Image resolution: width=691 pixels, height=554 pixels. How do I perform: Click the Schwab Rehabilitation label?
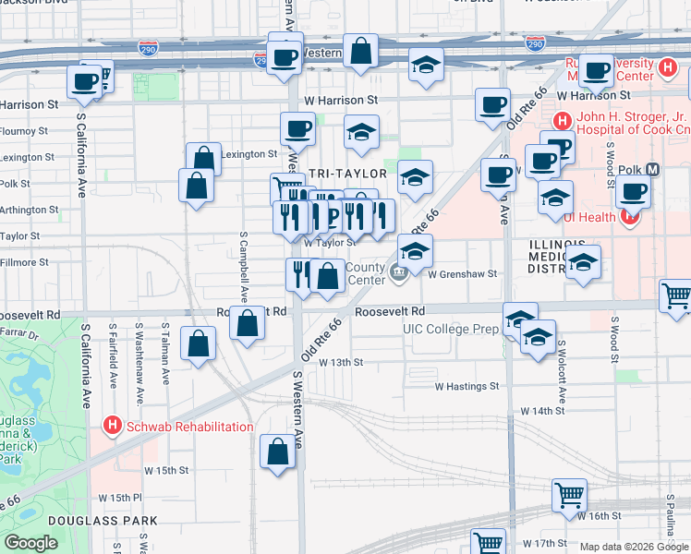tap(189, 427)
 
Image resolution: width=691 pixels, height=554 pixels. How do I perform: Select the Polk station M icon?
tap(653, 170)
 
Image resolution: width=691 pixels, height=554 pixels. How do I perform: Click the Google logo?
tap(31, 543)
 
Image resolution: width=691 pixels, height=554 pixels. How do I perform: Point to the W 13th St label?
tap(341, 362)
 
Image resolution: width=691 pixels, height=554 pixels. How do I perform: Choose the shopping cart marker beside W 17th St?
tap(487, 542)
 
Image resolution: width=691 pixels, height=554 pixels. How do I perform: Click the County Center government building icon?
tap(399, 271)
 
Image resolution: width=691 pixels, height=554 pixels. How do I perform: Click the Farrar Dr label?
tap(21, 333)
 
